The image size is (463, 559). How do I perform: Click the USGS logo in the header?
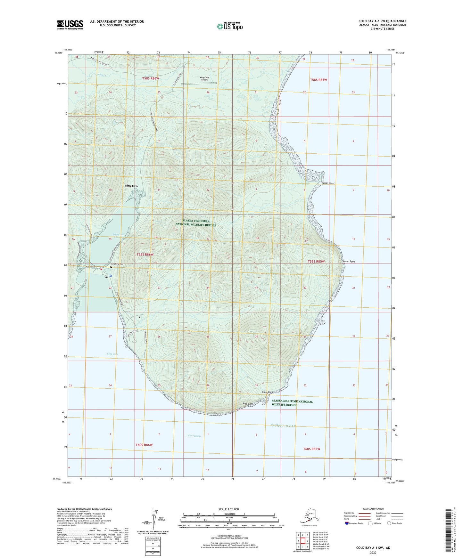pos(70,25)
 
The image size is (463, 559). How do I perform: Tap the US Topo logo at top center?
pos(230,26)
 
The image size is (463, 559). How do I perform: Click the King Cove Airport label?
pos(204,78)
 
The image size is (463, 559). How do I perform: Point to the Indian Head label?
pos(328,183)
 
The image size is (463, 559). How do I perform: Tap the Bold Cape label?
pos(248,404)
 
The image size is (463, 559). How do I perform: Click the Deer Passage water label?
pos(194,436)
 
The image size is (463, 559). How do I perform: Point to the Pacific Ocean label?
pos(283,426)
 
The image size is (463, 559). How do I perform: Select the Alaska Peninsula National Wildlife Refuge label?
pos(196,223)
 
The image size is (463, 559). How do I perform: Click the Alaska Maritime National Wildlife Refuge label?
pos(292,403)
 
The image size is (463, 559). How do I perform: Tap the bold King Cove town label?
pos(132,186)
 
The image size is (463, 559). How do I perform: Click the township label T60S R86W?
pos(144,445)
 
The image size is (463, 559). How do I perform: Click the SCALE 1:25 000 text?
pos(228,509)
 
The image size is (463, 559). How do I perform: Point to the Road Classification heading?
pos(373,509)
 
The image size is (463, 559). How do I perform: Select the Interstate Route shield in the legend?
pos(347,523)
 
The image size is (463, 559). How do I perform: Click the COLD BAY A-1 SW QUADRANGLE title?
pos(382,21)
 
